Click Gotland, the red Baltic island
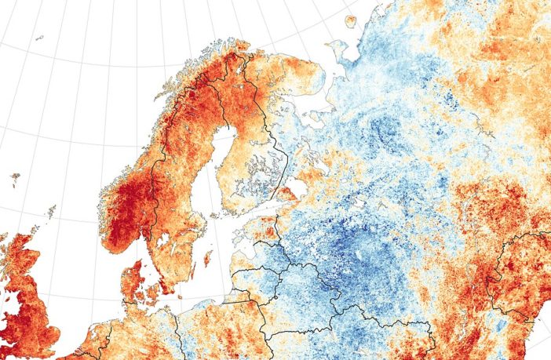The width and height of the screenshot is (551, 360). pyautogui.click(x=208, y=256)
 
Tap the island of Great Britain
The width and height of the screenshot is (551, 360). pyautogui.click(x=24, y=298)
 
